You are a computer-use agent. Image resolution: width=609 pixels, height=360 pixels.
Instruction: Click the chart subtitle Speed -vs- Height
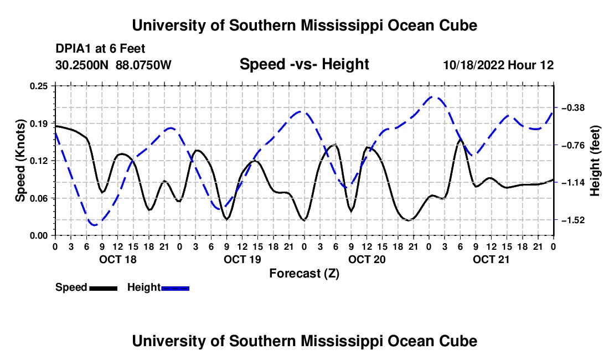[x=304, y=64]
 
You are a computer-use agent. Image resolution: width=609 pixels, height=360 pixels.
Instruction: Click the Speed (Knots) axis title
[x=20, y=161]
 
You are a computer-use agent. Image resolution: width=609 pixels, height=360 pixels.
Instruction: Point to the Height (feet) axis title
[x=595, y=161]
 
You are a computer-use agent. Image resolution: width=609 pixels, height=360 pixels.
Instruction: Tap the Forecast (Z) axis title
[x=304, y=274]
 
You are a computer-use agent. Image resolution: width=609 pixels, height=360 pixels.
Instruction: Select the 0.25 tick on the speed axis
[x=39, y=86]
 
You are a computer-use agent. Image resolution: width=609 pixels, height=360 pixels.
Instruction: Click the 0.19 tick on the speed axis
[x=39, y=124]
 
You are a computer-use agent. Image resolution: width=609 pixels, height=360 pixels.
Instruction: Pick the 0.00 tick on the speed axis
[x=39, y=236]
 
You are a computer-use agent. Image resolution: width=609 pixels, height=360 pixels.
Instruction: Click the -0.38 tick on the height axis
[x=573, y=107]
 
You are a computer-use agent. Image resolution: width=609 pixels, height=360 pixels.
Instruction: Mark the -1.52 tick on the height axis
[x=573, y=220]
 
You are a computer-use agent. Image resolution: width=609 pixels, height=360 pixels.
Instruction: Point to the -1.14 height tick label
[x=573, y=183]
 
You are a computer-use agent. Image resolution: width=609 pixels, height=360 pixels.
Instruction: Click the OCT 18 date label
[x=118, y=259]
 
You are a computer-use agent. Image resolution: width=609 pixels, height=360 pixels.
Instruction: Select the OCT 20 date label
[x=367, y=259]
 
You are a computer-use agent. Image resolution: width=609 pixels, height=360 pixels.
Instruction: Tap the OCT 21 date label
[x=491, y=259]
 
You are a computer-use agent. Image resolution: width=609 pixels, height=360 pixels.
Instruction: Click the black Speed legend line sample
[x=104, y=288]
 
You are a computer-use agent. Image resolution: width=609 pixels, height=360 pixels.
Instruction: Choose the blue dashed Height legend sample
[x=175, y=288]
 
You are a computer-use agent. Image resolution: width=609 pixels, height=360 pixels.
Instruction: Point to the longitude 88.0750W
[x=143, y=65]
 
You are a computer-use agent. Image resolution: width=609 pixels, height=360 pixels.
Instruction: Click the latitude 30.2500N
[x=82, y=65]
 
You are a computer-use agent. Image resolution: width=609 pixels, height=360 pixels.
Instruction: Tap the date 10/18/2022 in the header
[x=473, y=65]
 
